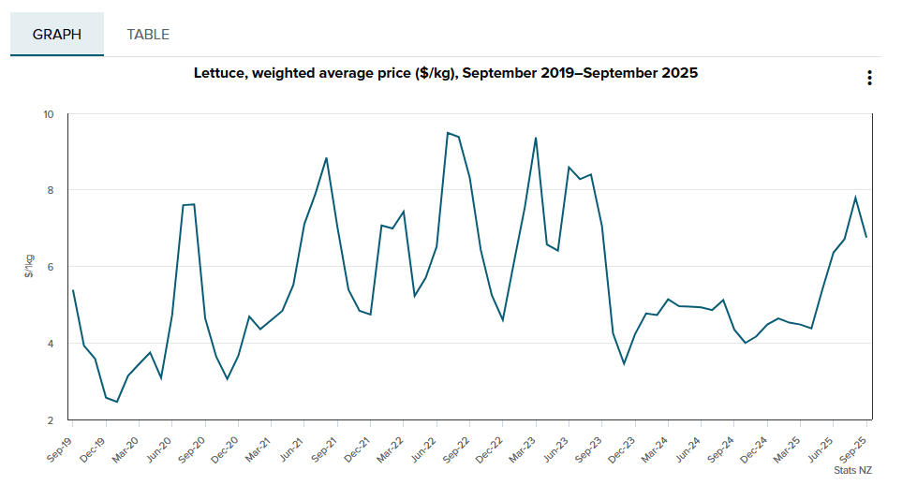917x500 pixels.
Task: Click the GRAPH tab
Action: click(57, 35)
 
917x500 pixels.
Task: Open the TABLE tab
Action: click(148, 35)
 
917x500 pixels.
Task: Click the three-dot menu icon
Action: click(869, 78)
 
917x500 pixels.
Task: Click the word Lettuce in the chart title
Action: click(219, 72)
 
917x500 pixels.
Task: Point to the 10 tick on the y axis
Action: click(48, 114)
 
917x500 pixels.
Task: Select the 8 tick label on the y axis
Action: click(50, 191)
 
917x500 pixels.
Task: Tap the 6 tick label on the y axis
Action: click(50, 267)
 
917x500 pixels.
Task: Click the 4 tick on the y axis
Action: click(50, 344)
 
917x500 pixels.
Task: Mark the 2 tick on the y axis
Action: click(50, 420)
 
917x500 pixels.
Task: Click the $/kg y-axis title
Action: click(30, 267)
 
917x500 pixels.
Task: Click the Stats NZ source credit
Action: click(852, 470)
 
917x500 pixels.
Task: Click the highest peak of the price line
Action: click(448, 133)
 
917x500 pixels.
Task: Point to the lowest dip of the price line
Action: click(117, 402)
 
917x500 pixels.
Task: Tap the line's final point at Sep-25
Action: click(866, 237)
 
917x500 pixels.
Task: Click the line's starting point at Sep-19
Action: click(72, 290)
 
